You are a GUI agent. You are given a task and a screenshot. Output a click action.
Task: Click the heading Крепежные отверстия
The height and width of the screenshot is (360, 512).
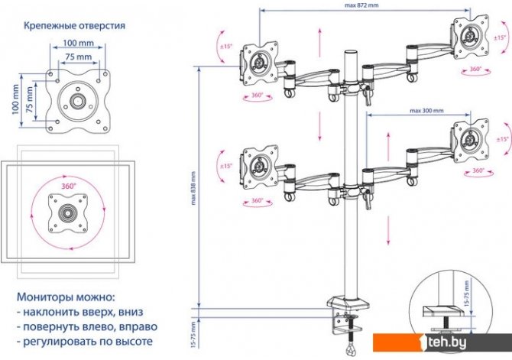tap(73, 25)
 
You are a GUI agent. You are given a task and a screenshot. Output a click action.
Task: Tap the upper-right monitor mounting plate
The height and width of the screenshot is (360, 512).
tap(469, 34)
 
